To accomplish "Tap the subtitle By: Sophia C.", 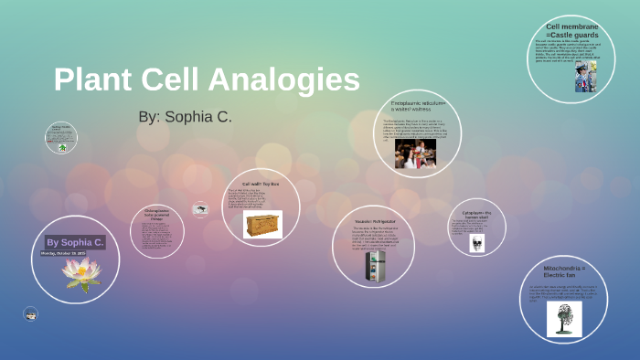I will [x=185, y=117].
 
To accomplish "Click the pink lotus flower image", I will [x=80, y=273].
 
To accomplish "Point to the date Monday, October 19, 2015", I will [x=63, y=253].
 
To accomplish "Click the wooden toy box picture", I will [x=262, y=224].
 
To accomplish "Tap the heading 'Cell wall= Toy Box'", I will [x=261, y=184].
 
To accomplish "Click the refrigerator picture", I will [x=375, y=266].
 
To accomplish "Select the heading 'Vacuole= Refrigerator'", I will [x=376, y=221].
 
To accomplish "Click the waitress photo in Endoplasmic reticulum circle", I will [x=415, y=153].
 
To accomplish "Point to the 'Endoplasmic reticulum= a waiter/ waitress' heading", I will [x=417, y=106].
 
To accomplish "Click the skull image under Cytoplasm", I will [x=476, y=243].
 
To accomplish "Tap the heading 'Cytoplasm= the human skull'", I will [x=476, y=214].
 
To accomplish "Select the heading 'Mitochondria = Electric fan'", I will [x=564, y=271].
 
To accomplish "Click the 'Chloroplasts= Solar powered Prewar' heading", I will [x=156, y=215].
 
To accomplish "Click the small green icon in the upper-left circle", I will [x=61, y=146].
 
